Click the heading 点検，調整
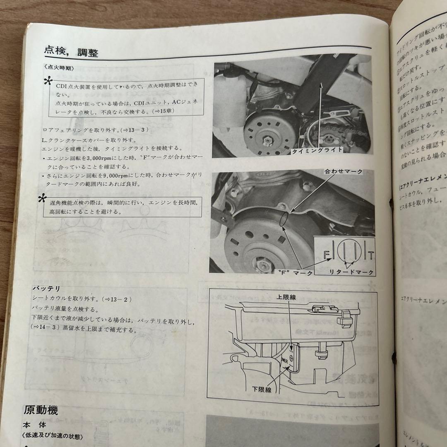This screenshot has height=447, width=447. coord(71,51)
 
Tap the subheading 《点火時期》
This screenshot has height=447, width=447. coord(59,68)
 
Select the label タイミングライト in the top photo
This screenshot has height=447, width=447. coord(317,150)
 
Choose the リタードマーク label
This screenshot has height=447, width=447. coord(352,272)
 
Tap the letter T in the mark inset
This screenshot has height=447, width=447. coord(371,255)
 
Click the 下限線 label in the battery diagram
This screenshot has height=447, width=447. coord(262,389)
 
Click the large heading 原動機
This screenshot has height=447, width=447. coord(40,411)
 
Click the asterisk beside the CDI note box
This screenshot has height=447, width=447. coord(48,83)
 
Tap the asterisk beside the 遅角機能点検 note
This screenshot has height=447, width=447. coord(42,199)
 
